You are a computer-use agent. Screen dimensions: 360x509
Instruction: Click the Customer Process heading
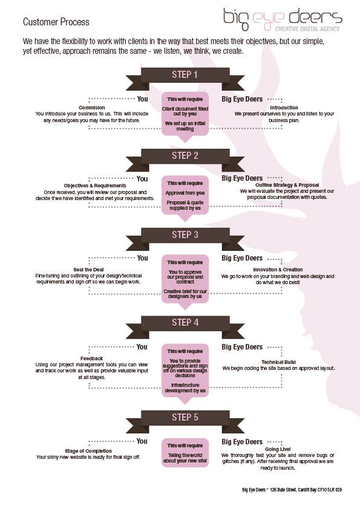[56, 22]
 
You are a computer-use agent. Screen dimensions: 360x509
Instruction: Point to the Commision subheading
[91, 108]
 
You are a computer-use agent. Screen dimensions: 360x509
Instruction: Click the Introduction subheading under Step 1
[284, 108]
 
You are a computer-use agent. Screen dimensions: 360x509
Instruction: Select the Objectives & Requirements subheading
[95, 186]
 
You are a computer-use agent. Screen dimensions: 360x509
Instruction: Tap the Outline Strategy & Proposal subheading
[287, 185]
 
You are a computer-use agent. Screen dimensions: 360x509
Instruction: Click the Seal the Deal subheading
[88, 270]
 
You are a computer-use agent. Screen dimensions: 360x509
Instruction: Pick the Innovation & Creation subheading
[278, 270]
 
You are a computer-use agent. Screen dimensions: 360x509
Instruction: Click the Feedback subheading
[91, 358]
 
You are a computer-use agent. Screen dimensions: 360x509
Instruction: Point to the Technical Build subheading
[278, 362]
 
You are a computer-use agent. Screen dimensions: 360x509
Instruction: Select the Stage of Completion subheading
[88, 451]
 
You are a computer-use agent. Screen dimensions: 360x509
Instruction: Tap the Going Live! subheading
[278, 449]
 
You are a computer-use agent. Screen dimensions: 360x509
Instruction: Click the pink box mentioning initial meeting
[185, 115]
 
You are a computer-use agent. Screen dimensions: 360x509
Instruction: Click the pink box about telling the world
[185, 453]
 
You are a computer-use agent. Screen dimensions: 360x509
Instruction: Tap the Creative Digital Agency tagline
[307, 29]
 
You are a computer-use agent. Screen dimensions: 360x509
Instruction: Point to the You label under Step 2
[142, 179]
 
